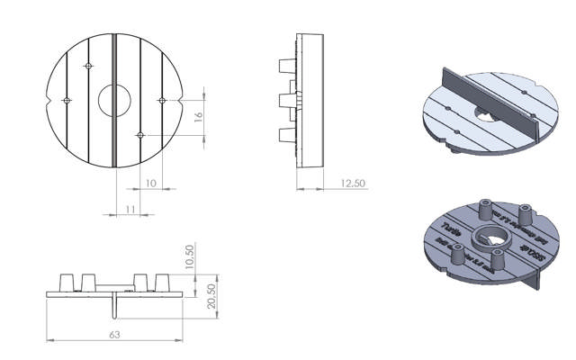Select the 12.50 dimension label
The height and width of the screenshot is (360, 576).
(x=352, y=183)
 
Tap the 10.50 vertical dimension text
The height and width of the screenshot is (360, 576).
(x=189, y=256)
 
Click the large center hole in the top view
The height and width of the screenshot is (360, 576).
(x=114, y=101)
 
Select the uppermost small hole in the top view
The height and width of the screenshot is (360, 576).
(x=88, y=67)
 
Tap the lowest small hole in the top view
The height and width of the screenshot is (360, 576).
(x=139, y=135)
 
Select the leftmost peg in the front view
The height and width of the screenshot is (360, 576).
(x=66, y=281)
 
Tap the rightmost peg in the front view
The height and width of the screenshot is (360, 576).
(x=165, y=281)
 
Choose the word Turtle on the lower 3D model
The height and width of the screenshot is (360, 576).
(x=453, y=229)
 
